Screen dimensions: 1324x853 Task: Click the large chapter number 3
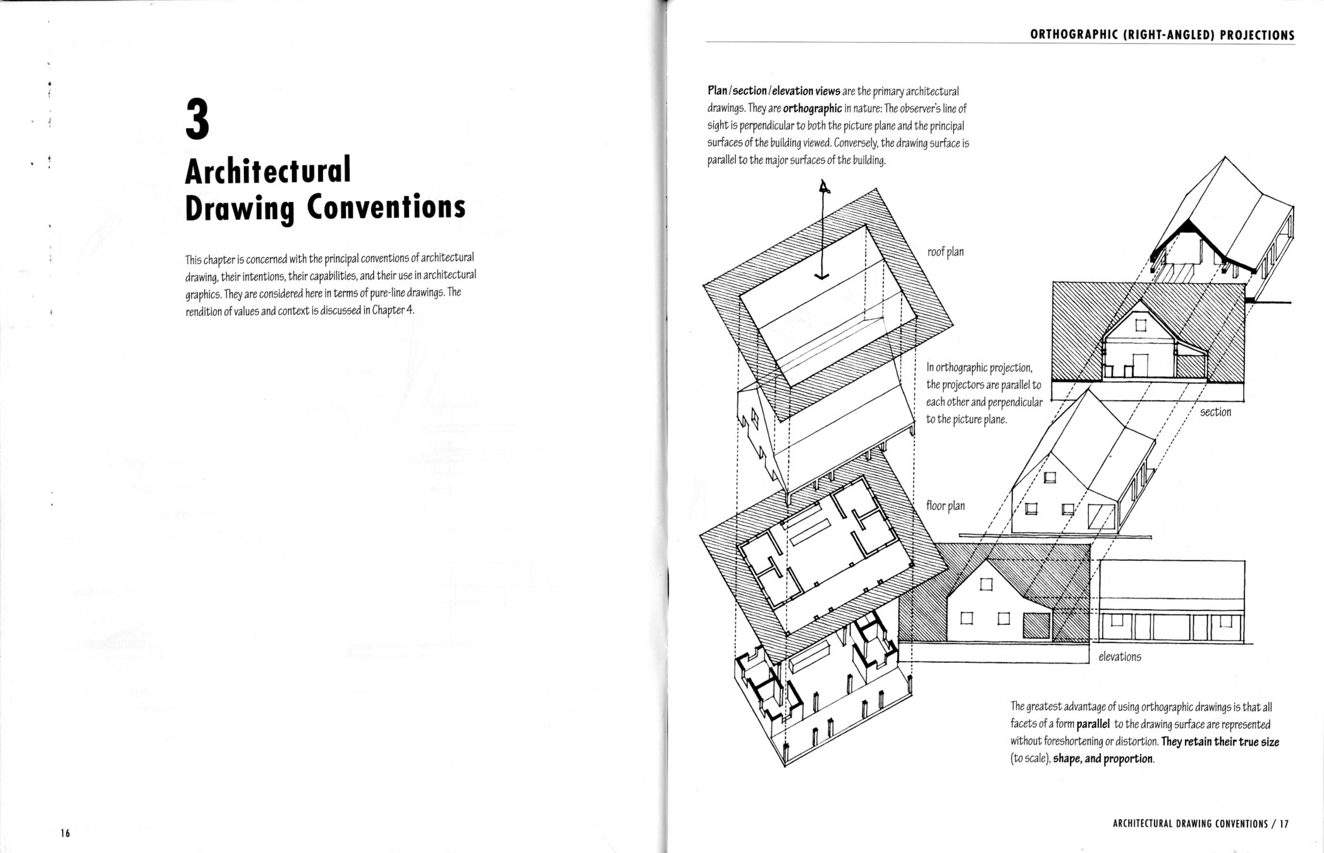[x=197, y=118]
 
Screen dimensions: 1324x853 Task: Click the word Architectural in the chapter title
[x=267, y=171]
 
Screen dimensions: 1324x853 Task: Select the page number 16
[x=65, y=833]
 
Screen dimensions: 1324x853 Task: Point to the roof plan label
[x=945, y=252]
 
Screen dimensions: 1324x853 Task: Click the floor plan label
[x=945, y=505]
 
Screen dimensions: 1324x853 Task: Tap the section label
[x=1215, y=412]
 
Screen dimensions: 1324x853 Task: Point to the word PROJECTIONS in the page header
[x=1257, y=35]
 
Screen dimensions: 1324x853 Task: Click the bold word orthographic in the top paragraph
[x=812, y=108]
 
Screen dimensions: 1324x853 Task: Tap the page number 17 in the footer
[x=1283, y=824]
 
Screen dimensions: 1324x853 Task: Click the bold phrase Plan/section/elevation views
[x=773, y=91]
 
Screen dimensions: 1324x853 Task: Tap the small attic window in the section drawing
[x=1140, y=326]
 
